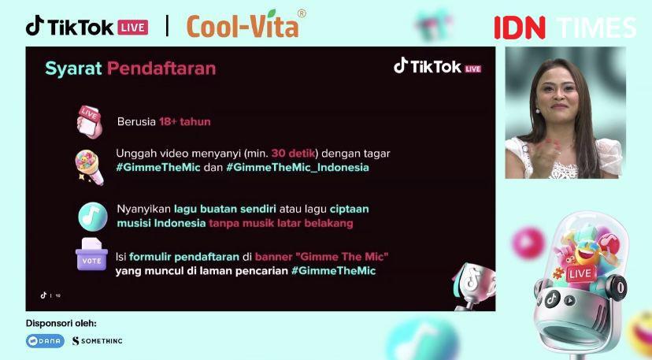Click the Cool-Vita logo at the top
pyautogui.click(x=246, y=24)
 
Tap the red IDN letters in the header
pyautogui.click(x=520, y=28)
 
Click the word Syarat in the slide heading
pyautogui.click(x=73, y=69)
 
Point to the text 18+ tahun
pyautogui.click(x=184, y=121)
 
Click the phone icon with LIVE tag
pyautogui.click(x=90, y=122)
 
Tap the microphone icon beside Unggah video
pyautogui.click(x=89, y=167)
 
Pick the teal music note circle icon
pyautogui.click(x=93, y=217)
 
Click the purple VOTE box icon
pyautogui.click(x=91, y=254)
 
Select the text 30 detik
pyautogui.click(x=293, y=153)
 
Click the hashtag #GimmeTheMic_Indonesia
pyautogui.click(x=298, y=167)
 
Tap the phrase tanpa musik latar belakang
pyautogui.click(x=280, y=223)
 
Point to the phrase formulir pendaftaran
pyautogui.click(x=184, y=257)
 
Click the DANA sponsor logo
pyautogui.click(x=45, y=341)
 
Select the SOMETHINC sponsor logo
pyautogui.click(x=98, y=341)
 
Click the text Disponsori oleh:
pyautogui.click(x=61, y=324)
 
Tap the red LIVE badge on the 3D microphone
pyautogui.click(x=580, y=273)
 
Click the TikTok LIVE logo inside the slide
pyautogui.click(x=438, y=67)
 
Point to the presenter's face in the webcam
pyautogui.click(x=558, y=94)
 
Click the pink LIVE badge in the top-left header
pyautogui.click(x=132, y=28)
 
